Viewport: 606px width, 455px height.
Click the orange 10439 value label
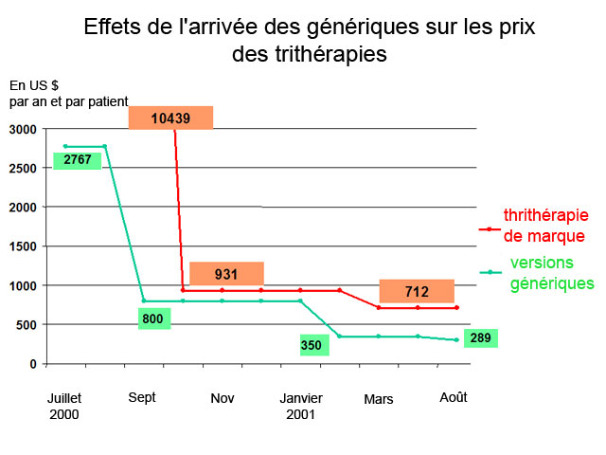(x=170, y=118)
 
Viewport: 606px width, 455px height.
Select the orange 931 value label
(x=225, y=274)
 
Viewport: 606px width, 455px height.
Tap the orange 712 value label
(x=417, y=291)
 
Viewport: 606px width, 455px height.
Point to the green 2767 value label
(x=78, y=159)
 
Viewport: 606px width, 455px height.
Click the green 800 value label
(x=153, y=318)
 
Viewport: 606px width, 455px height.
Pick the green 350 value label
(x=312, y=345)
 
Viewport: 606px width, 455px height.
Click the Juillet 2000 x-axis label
(x=64, y=406)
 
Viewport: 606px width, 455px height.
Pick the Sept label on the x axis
(x=142, y=397)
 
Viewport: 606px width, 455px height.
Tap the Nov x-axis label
(x=223, y=398)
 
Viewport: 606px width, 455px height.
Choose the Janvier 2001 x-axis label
(x=301, y=406)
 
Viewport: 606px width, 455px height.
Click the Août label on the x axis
(x=454, y=397)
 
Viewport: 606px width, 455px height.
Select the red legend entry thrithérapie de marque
(x=544, y=227)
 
